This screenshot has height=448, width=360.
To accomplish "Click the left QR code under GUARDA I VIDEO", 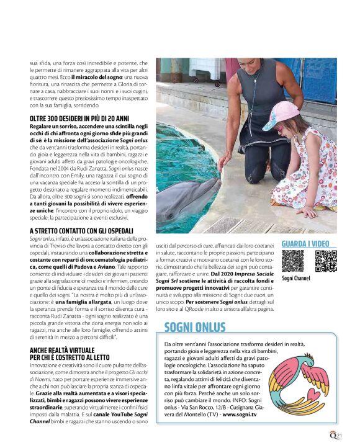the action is pyautogui.click(x=292, y=261).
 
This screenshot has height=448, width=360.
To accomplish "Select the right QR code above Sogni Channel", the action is pyautogui.click(x=325, y=261).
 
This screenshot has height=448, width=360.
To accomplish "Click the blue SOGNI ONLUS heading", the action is pyautogui.click(x=196, y=328).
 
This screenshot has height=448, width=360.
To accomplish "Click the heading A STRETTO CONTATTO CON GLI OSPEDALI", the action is pyautogui.click(x=81, y=231).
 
